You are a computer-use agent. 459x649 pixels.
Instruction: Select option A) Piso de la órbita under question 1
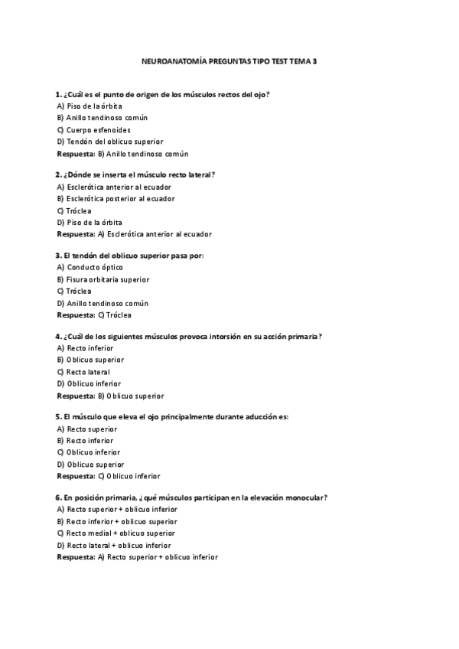coord(90,106)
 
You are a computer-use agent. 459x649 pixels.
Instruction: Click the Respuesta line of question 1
coord(122,153)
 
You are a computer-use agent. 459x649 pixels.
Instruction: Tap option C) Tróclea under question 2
coord(74,210)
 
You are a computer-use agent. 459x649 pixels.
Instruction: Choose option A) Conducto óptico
coord(90,267)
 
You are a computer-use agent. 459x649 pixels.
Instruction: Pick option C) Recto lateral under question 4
coord(83,372)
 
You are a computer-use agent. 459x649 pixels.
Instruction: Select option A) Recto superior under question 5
coord(87,429)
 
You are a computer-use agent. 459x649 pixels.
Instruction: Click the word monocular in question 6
coord(307,497)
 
